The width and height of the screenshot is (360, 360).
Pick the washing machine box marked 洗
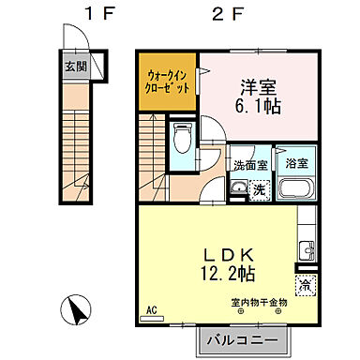(260, 188)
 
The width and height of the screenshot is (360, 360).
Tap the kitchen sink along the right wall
(306, 250)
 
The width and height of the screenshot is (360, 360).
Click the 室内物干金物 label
(261, 302)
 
